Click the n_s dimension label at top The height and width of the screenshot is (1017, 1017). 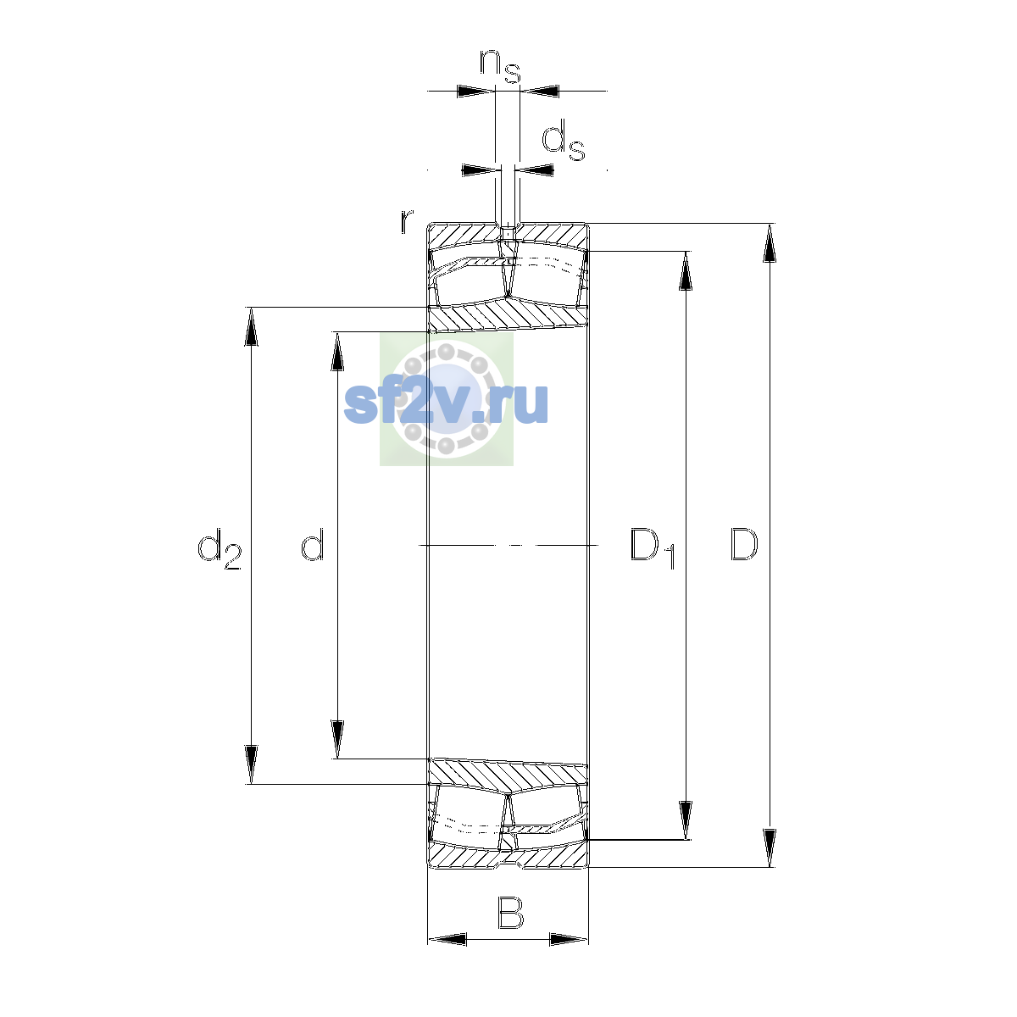[x=500, y=65]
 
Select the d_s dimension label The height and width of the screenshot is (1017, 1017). [x=563, y=141]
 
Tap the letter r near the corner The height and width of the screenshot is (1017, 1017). [x=407, y=221]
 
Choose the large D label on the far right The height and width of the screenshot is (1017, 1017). [x=744, y=544]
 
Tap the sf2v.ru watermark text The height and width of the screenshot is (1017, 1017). [x=446, y=403]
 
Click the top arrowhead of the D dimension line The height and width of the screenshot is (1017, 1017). [x=770, y=243]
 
